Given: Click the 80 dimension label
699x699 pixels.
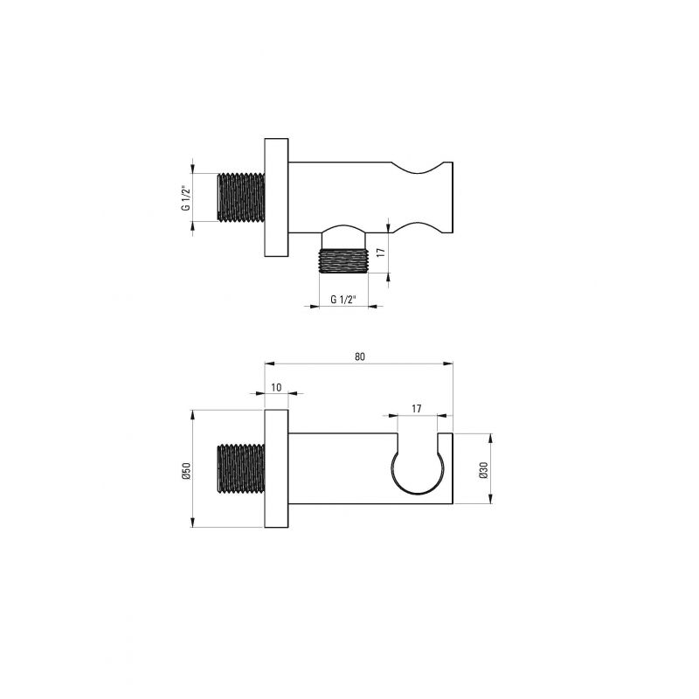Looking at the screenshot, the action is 360,356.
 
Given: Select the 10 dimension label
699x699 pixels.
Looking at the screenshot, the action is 276,387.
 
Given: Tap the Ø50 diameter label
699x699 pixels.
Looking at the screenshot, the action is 187,471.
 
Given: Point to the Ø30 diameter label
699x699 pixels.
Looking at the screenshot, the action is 484,470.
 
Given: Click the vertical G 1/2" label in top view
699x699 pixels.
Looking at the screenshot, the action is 187,197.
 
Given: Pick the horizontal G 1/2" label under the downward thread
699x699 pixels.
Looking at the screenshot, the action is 344,300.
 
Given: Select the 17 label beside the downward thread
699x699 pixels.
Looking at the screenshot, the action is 380,253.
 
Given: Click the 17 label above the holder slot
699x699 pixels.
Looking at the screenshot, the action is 417,409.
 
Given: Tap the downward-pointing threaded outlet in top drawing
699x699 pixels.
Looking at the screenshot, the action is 343,261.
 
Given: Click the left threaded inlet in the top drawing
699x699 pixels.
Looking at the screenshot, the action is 241,197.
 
